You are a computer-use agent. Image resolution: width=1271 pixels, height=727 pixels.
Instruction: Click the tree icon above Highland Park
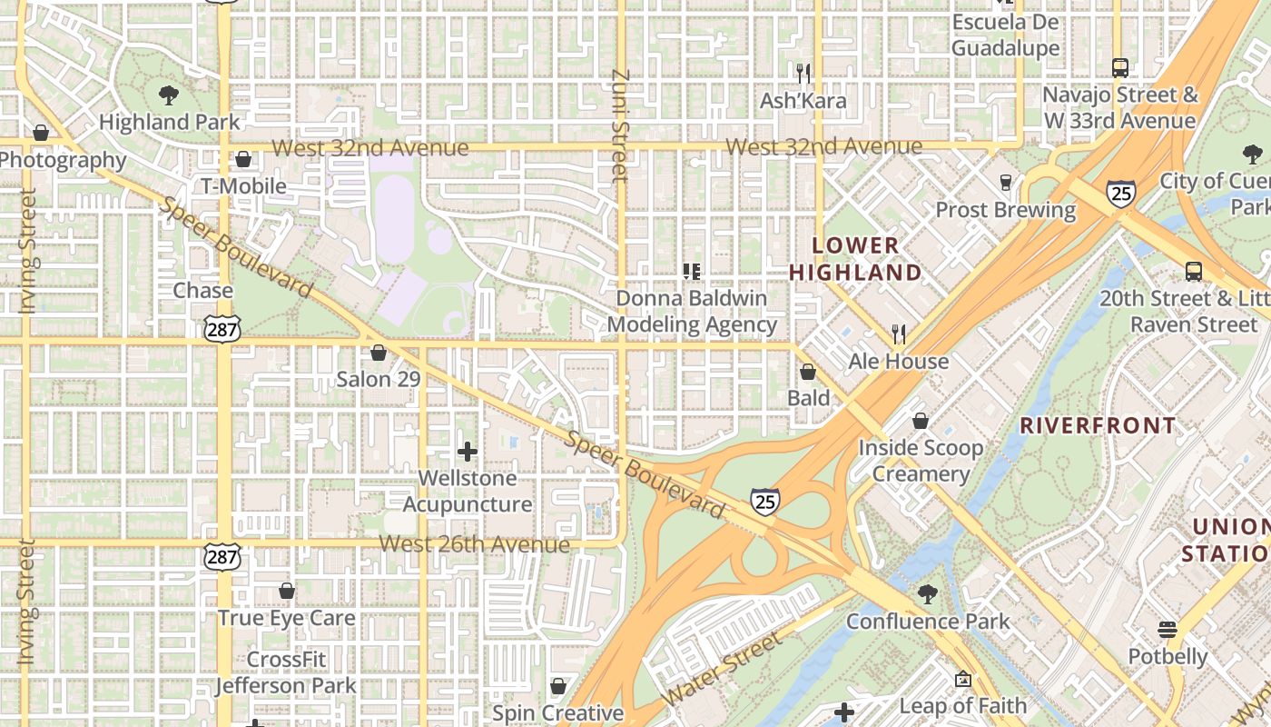point(168,95)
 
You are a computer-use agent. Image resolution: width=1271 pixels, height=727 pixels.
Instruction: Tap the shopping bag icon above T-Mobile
point(242,160)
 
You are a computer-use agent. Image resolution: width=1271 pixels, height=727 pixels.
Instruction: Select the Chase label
point(202,291)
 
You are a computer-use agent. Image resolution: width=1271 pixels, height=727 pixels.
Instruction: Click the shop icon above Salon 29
point(379,353)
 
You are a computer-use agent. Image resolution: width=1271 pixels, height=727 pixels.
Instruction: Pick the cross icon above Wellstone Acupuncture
point(468,451)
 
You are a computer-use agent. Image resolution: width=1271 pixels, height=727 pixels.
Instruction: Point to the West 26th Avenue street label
point(474,544)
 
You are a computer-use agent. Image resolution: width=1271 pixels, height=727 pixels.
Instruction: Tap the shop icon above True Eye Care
point(287,592)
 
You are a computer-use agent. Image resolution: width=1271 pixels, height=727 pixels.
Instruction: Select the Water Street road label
point(724,669)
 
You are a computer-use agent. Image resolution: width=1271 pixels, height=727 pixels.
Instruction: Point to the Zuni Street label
point(621,125)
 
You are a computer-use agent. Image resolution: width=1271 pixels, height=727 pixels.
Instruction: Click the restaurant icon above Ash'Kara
point(803,73)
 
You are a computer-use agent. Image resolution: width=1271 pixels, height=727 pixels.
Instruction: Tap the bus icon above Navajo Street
point(1120,67)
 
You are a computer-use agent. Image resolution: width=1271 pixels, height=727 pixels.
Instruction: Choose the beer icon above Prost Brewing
point(1005,183)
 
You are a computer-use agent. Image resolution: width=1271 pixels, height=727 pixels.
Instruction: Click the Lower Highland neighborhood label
point(855,259)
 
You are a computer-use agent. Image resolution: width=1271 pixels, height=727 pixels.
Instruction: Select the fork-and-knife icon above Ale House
point(899,334)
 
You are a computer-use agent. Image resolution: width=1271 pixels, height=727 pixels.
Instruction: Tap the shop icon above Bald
point(808,372)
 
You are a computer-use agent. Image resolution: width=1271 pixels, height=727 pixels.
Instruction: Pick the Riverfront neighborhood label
point(1098,425)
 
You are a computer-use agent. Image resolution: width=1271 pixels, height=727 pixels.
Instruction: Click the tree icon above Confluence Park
point(927,595)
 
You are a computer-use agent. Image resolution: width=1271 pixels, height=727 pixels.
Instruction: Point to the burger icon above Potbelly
point(1168,630)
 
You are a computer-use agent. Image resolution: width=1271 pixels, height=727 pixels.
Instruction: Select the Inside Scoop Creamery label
point(921,461)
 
